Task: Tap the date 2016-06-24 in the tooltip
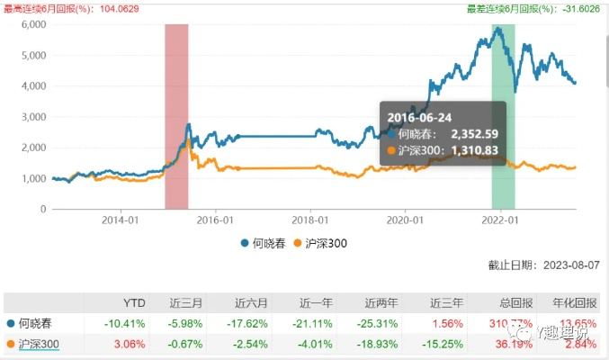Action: (420, 116)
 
